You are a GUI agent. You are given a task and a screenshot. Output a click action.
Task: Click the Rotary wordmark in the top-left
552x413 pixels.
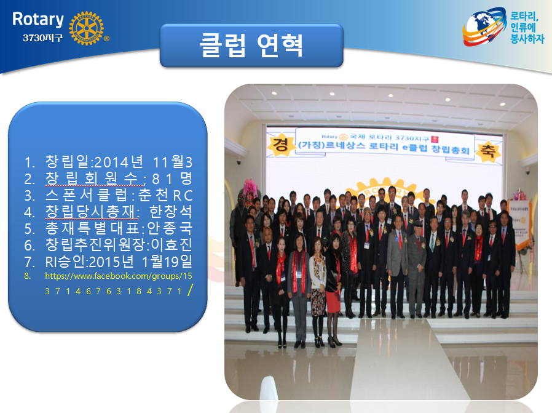coord(38,20)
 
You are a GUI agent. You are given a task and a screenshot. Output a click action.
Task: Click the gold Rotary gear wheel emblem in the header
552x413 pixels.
coord(86,28)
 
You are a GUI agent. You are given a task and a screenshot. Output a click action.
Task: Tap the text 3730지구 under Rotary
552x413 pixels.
coord(42,38)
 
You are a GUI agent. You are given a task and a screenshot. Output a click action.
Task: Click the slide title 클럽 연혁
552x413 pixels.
coord(251,46)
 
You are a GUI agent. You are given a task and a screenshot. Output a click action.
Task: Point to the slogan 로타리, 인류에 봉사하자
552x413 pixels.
coord(527,28)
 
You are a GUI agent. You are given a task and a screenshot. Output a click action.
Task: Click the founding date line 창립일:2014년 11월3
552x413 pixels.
coord(119,162)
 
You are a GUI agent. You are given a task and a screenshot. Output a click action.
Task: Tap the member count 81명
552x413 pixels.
coord(172,178)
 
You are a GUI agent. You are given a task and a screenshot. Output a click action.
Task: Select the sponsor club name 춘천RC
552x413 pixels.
coord(165,195)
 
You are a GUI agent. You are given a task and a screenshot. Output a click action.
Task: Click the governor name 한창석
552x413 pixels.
coord(171,212)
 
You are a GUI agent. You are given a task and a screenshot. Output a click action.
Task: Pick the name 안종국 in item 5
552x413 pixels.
coord(170,228)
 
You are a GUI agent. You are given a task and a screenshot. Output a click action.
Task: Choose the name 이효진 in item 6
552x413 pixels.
coord(172,244)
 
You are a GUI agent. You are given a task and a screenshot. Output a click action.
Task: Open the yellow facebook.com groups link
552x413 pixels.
coord(119,283)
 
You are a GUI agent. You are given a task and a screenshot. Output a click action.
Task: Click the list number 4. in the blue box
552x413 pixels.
coord(30,212)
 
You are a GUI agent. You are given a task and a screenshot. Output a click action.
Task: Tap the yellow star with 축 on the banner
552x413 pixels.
coord(488,151)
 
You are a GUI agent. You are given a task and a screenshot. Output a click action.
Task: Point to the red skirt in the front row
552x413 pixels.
coord(333,302)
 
